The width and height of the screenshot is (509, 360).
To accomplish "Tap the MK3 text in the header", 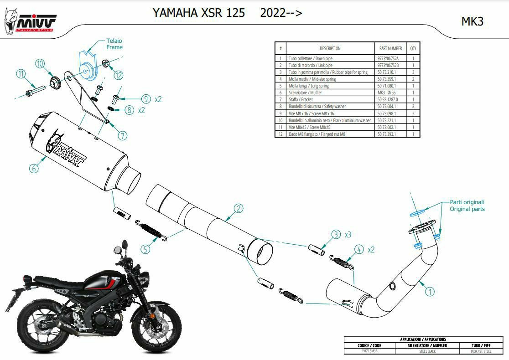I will click(472, 21).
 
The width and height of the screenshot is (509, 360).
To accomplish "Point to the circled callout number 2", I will click(238, 209).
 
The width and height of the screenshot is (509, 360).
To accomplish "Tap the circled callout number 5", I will click(145, 249).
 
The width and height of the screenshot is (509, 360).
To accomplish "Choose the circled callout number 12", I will click(118, 75).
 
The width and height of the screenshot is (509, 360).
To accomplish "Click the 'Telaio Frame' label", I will click(114, 44).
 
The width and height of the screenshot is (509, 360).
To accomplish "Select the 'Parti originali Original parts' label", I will click(467, 206).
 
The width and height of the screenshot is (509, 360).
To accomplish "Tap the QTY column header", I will click(413, 48).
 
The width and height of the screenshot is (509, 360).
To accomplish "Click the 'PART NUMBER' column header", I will click(390, 48).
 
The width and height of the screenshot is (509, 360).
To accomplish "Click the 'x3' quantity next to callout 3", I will click(348, 235).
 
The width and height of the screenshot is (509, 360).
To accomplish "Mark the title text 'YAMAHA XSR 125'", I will click(198, 13).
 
